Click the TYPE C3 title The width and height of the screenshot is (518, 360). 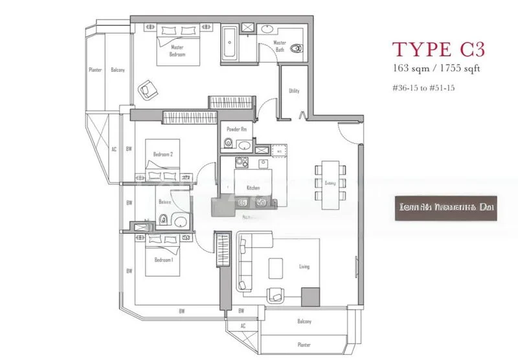click(438, 49)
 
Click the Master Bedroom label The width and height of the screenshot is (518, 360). click(177, 51)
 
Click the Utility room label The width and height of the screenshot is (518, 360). click(294, 91)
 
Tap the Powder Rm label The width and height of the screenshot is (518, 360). click(234, 129)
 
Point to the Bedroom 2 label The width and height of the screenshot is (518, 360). click(162, 154)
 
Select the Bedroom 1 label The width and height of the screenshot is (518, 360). click(162, 260)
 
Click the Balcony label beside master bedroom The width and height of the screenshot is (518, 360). click(117, 70)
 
